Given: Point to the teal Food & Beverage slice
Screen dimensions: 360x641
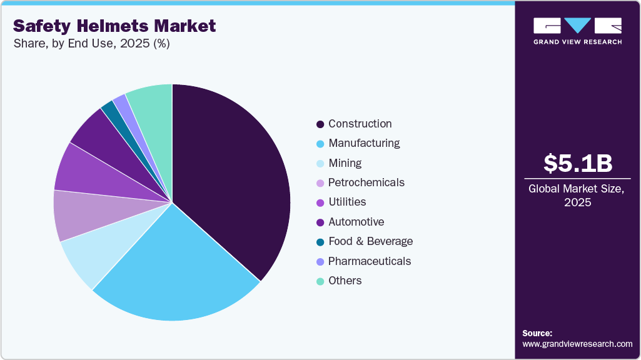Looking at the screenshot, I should (111, 112).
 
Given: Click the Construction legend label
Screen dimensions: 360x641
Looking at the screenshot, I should (360, 124).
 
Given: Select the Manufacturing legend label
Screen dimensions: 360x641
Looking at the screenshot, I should (364, 143).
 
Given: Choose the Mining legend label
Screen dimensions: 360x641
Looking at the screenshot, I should (345, 163).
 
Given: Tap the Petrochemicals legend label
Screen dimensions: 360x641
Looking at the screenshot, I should (366, 182).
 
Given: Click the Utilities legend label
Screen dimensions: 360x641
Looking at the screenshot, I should (347, 202).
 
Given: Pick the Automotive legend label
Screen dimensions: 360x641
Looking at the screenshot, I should (356, 222).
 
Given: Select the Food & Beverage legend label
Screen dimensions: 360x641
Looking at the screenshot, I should (370, 241).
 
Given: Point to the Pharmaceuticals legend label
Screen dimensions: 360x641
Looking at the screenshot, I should (370, 261).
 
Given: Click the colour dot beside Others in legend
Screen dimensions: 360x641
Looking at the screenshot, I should (320, 281).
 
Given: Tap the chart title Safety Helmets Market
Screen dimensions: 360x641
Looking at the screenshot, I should (114, 26).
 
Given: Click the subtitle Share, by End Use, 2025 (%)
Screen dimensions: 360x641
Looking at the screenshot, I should (91, 44).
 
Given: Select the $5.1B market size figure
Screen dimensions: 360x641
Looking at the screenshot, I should (577, 163).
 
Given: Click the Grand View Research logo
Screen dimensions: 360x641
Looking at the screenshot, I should (577, 30).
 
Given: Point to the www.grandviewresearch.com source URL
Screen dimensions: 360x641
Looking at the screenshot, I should (577, 344).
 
